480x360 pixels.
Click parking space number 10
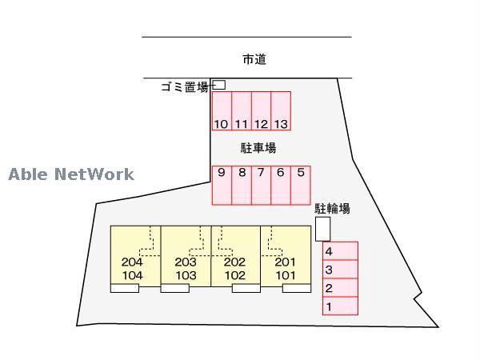[221, 111]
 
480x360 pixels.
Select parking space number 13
[280, 111]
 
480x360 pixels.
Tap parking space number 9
[221, 185]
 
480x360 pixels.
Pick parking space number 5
[300, 185]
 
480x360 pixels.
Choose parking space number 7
[261, 185]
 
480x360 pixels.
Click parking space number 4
[339, 251]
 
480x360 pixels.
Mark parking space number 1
[339, 306]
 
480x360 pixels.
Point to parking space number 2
[339, 288]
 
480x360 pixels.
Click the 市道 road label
[254, 59]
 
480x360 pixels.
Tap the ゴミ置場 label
[185, 87]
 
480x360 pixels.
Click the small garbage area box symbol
[219, 85]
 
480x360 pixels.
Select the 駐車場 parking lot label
[258, 148]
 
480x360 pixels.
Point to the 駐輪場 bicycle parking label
[332, 209]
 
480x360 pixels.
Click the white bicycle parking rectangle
[322, 229]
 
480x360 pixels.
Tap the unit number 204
[132, 262]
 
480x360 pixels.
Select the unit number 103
[186, 275]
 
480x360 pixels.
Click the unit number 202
[234, 262]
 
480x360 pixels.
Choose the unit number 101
[285, 275]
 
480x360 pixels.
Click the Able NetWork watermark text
[71, 174]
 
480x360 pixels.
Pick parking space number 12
[261, 111]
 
